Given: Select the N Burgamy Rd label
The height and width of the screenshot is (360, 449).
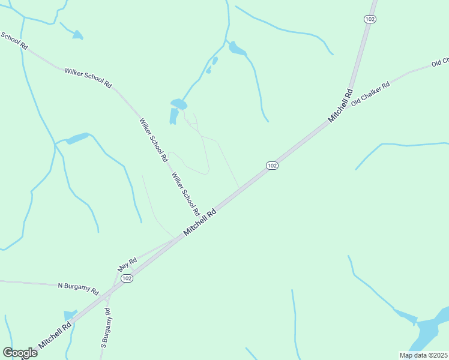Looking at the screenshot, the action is point(78,288).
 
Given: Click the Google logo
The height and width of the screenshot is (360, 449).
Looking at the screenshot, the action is point(20,352).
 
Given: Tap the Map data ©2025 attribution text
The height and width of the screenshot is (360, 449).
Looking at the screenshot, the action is point(423,355).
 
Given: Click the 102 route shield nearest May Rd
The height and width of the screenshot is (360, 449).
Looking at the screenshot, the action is point(126,278).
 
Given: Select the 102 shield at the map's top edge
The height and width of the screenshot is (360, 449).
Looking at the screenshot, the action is point(370,19).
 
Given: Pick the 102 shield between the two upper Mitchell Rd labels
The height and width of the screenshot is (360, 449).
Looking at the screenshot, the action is point(272,165).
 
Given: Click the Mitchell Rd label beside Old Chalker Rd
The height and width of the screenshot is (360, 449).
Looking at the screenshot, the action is point(340,106).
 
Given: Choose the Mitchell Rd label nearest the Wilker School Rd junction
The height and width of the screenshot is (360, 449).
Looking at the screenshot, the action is point(200,223).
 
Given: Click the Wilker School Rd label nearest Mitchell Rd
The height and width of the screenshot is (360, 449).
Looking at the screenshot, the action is point(185,194).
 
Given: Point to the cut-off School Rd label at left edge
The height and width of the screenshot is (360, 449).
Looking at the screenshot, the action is point(13,40).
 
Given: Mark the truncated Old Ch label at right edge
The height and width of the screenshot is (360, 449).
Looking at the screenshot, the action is point(441,62).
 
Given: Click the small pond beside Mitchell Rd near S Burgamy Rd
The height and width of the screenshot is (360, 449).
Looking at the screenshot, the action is point(70,314).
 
